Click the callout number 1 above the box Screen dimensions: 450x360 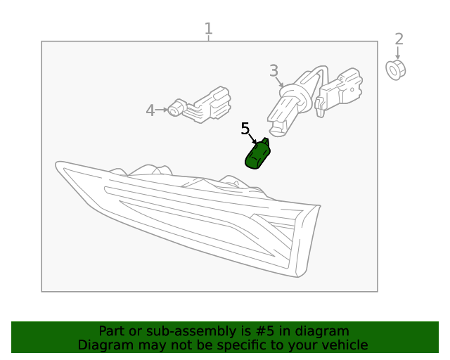tap(209, 29)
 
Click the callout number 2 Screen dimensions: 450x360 tap(399, 39)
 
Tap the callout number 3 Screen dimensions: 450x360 tap(274, 70)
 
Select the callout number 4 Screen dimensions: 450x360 tap(150, 110)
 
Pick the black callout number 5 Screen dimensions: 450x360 tap(245, 129)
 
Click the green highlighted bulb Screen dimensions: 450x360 tap(258, 153)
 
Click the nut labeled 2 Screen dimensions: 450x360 tap(395, 70)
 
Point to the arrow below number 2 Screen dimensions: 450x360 tap(398, 53)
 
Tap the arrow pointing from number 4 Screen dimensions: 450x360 tap(161, 110)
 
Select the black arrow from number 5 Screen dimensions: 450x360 tap(252, 139)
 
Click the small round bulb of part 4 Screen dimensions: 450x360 tap(175, 108)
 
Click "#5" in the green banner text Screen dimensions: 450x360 tap(264, 331)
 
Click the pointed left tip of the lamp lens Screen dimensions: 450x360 tap(56, 165)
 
